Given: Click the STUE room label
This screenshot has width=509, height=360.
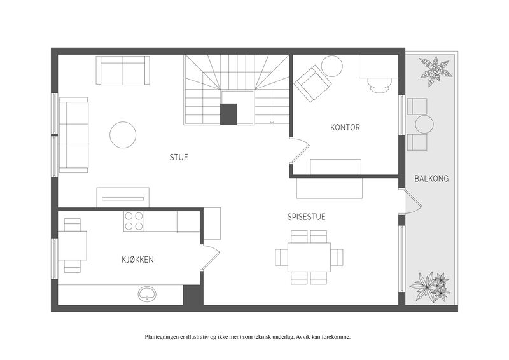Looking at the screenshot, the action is tap(179, 158).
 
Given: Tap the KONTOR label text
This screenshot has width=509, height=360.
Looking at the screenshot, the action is tap(345, 127).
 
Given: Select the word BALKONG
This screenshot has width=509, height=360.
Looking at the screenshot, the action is tap(431, 178).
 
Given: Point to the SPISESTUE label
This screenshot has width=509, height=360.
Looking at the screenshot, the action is tap(307, 216).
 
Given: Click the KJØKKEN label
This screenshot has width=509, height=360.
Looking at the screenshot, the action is tap(137, 260).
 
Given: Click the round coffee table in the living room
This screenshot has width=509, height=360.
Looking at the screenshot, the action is tap(123, 135).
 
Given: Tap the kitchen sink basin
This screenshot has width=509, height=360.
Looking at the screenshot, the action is tap(148, 294).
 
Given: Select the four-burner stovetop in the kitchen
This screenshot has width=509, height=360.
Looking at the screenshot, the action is tap(134, 221).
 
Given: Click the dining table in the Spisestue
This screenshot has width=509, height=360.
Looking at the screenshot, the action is tap(309, 257).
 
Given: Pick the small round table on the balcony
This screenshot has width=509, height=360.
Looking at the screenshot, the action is tap(424, 124).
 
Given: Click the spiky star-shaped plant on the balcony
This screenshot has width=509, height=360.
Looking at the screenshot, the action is tap(436, 71).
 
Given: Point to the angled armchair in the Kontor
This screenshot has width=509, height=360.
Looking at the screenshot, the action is tap(312, 83).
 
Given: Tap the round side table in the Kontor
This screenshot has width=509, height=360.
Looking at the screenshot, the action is tap(331, 66).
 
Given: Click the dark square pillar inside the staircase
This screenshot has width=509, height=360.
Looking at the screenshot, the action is tap(228, 114).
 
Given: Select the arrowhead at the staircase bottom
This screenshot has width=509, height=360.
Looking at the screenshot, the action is tap(272, 122).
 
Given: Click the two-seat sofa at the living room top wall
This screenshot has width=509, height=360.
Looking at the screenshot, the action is tap(123, 71).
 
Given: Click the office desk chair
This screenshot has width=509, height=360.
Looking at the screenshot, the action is tap(378, 86).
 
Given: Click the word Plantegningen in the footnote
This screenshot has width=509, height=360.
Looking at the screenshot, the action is tap(160, 337).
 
